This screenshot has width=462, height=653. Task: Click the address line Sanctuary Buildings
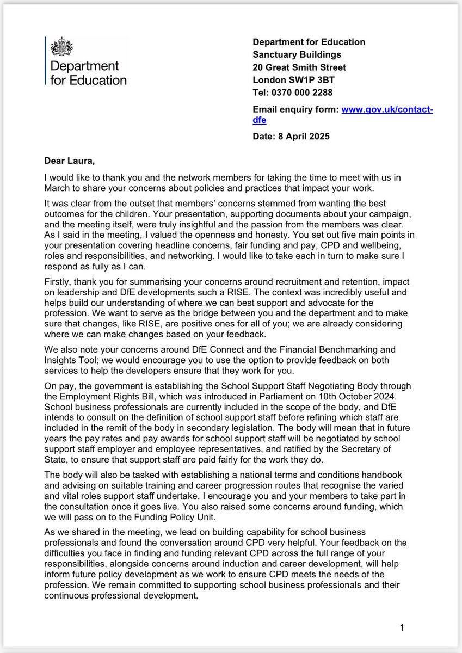pos(297,54)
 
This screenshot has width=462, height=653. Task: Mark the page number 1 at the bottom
pos(402,628)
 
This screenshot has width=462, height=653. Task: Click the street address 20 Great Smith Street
pos(299,67)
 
